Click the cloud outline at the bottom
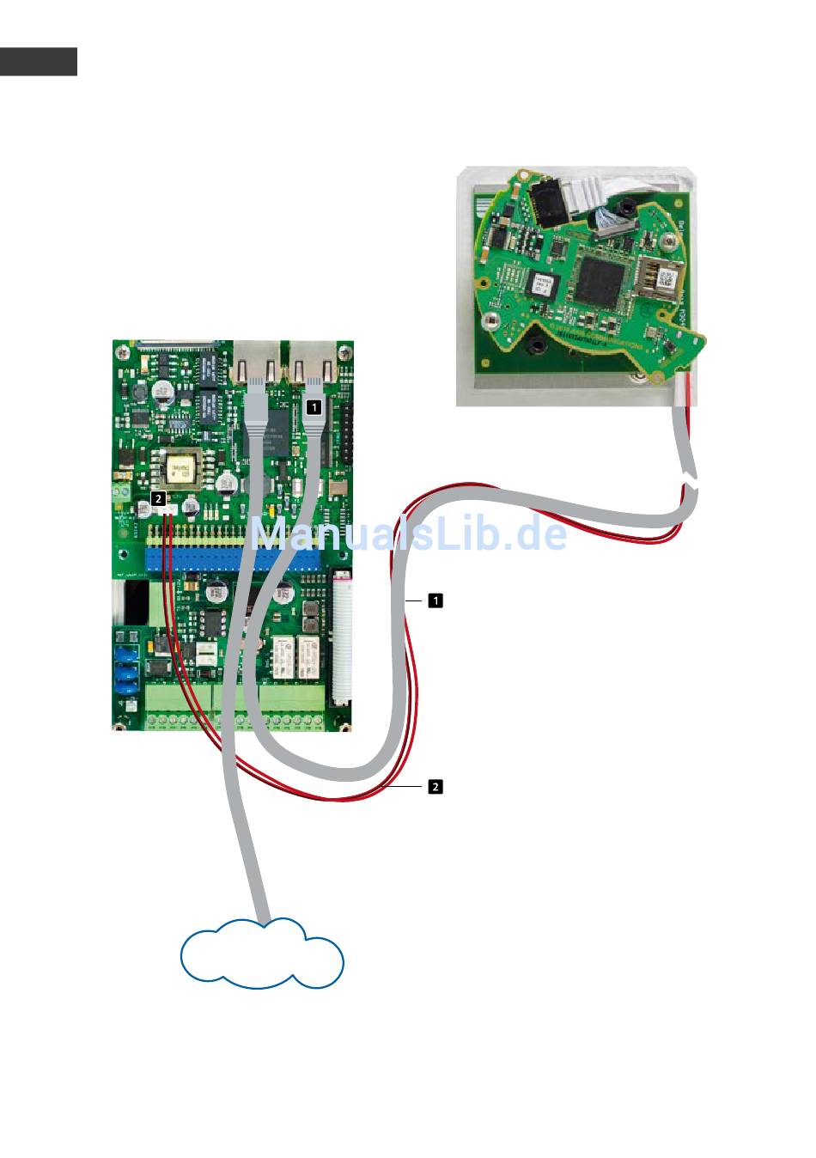click(262, 955)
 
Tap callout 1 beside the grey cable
click(435, 600)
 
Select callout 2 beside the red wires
click(435, 786)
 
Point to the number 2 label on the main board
click(157, 497)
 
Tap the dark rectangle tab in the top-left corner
click(38, 61)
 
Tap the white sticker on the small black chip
click(542, 284)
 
